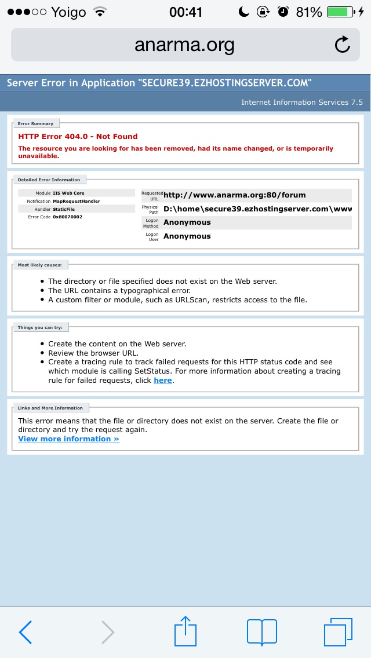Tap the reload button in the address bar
tap(343, 45)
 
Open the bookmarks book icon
tap(262, 631)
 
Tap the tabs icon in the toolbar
tap(338, 631)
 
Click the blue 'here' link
tap(163, 381)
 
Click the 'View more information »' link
tap(68, 439)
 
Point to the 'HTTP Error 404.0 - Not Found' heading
tap(78, 137)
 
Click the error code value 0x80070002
tap(67, 217)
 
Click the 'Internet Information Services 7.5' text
tap(302, 102)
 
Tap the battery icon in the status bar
tap(340, 12)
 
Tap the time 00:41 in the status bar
tap(185, 12)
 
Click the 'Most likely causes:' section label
tap(39, 265)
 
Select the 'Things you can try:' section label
tap(40, 327)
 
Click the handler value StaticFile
tap(64, 209)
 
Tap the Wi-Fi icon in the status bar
tap(100, 12)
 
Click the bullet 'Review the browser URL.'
tap(93, 353)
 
